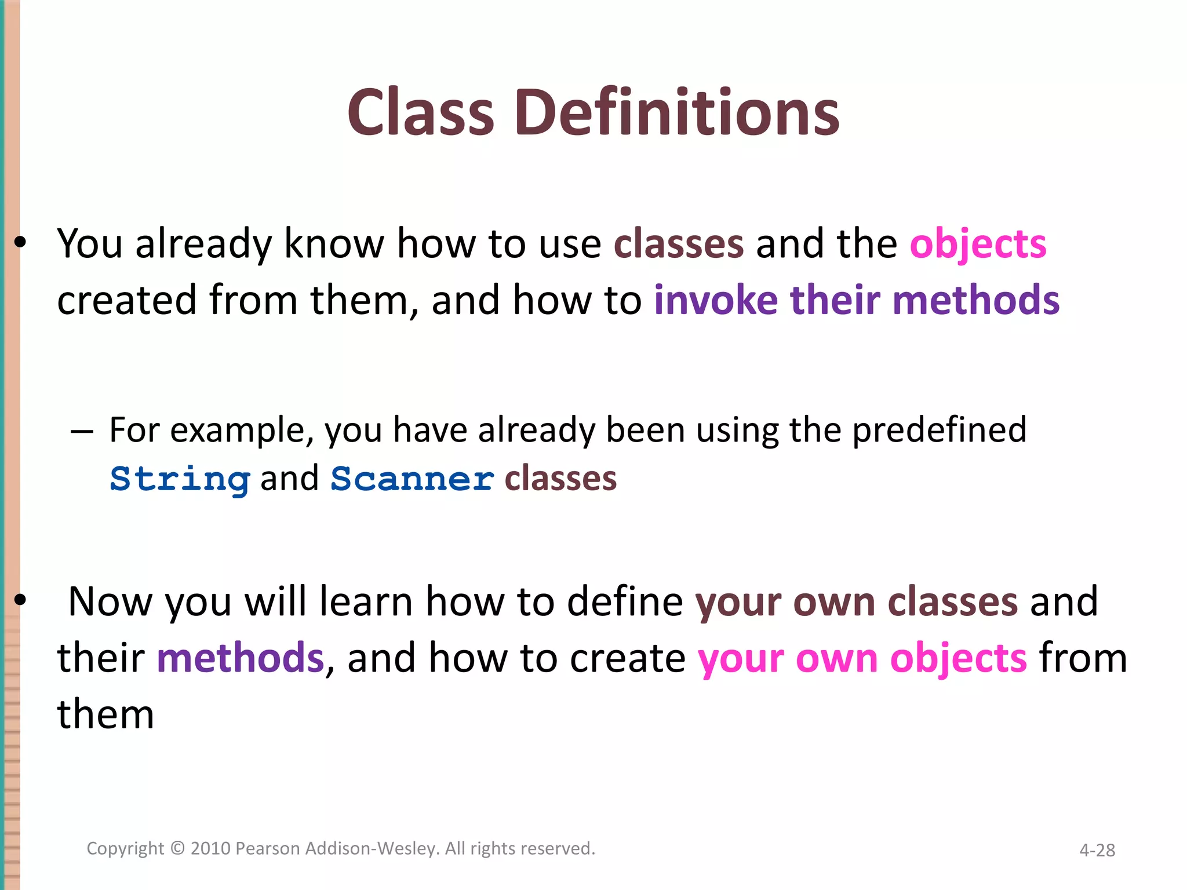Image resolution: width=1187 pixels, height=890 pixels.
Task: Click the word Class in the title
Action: [420, 112]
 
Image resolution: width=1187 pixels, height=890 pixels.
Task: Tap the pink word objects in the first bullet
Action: [978, 244]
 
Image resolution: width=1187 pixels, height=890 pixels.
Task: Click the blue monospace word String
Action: [180, 479]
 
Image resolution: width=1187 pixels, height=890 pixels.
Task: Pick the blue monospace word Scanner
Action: [412, 479]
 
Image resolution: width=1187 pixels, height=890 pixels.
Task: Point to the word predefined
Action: [939, 430]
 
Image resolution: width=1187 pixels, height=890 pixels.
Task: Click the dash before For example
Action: [81, 432]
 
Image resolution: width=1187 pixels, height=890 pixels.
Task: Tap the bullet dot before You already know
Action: [21, 244]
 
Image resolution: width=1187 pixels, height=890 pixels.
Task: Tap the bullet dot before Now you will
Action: [21, 601]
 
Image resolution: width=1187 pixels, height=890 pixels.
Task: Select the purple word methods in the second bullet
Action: [240, 658]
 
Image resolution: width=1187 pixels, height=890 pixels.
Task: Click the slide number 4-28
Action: [1097, 850]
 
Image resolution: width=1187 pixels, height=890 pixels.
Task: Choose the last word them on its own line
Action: [105, 714]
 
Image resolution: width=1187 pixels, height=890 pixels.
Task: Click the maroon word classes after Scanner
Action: [560, 479]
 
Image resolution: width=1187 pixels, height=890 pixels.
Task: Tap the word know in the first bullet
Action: [333, 244]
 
